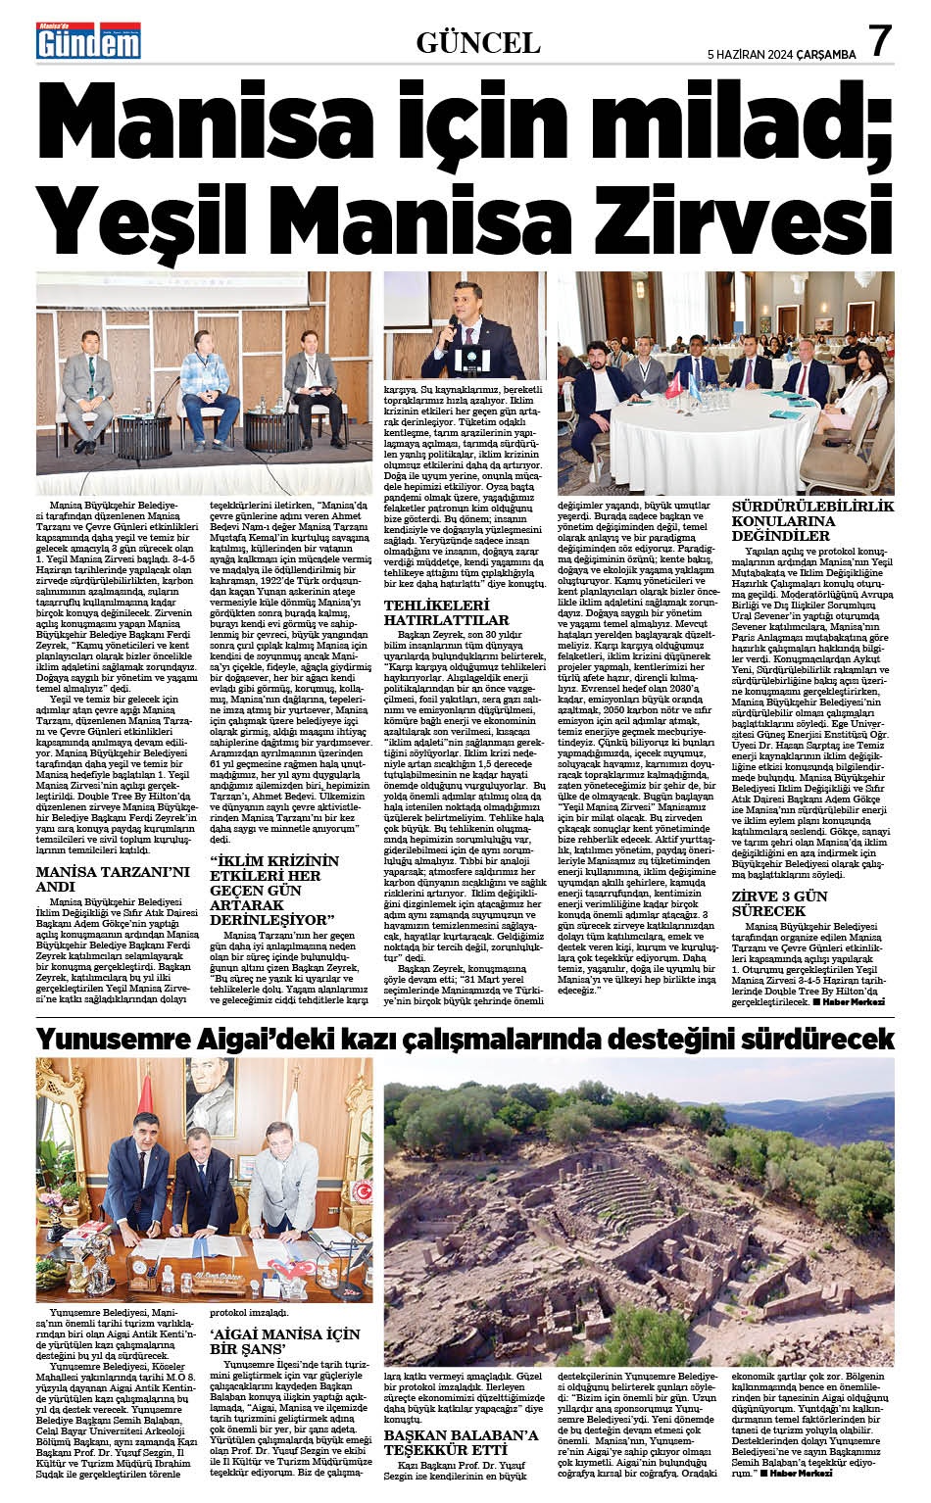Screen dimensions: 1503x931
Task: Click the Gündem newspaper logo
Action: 88,42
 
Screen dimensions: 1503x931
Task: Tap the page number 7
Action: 880,41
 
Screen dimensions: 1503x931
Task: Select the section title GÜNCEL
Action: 478,42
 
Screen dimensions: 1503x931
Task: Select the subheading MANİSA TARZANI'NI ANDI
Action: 113,879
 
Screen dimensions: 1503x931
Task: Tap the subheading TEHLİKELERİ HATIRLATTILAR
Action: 446,612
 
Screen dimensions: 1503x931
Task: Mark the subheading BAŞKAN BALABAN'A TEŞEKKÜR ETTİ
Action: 461,1442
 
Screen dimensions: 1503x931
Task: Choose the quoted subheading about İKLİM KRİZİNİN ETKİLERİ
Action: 276,890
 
